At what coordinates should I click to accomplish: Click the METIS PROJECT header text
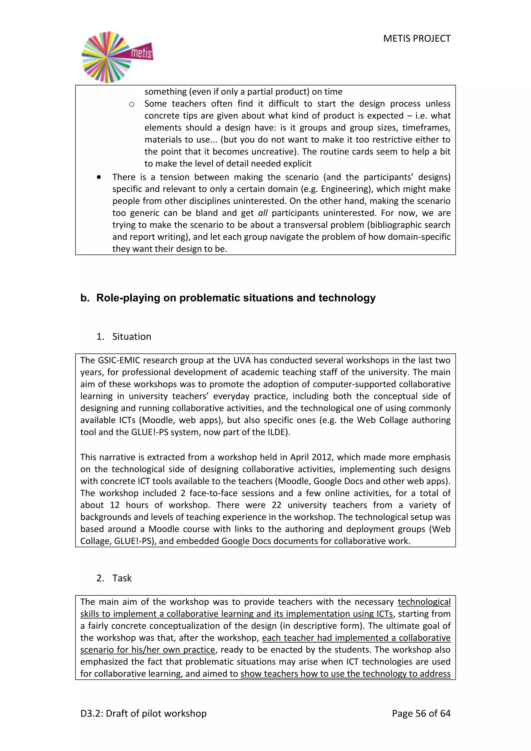point(417,39)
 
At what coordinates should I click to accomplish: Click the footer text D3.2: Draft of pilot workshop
point(144,713)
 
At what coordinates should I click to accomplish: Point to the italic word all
point(263,213)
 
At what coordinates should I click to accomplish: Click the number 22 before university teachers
point(276,505)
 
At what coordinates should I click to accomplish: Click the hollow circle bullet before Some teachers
point(131,104)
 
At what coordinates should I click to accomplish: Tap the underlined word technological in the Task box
point(424,602)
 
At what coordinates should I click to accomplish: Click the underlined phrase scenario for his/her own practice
point(148,650)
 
